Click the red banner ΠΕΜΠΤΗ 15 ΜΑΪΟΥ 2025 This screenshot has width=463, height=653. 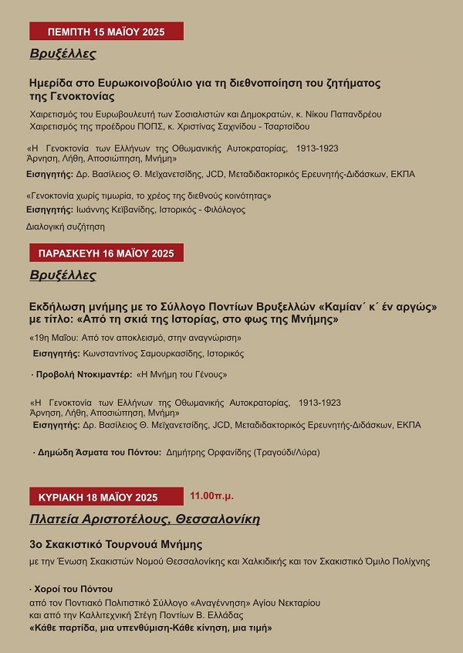(106, 32)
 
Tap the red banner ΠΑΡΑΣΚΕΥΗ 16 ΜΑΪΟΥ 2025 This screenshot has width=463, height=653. (106, 253)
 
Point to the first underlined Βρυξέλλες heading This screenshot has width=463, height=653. (63, 54)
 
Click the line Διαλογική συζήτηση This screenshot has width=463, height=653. (66, 227)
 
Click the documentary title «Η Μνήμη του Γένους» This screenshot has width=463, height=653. (181, 374)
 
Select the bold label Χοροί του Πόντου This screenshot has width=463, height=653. (75, 590)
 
